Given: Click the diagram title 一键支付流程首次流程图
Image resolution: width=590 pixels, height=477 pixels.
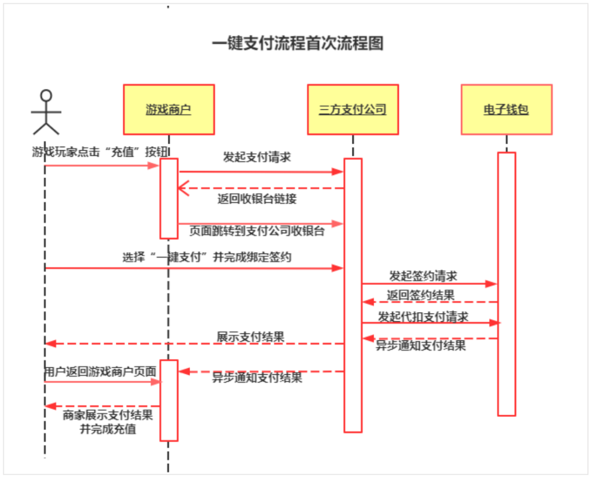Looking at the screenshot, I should click(x=298, y=44).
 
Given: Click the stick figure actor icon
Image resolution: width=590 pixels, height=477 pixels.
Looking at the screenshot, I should click(x=46, y=112).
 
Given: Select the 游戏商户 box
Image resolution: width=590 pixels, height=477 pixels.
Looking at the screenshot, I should click(x=169, y=109).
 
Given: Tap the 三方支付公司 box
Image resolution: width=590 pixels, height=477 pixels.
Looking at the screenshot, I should click(x=353, y=109).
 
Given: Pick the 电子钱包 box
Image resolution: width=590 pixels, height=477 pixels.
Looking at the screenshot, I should click(x=506, y=109).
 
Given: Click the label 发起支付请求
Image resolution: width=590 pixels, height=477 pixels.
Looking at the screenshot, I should click(x=257, y=157).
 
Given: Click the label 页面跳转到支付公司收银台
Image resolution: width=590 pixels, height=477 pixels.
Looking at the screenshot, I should click(x=257, y=231).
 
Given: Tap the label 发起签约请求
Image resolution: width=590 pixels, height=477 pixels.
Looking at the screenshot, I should click(x=423, y=275).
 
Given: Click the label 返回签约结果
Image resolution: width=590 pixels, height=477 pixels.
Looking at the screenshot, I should click(x=421, y=296).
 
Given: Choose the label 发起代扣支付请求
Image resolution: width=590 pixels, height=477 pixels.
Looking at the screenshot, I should click(x=423, y=316).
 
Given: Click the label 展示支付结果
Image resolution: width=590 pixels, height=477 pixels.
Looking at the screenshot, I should click(x=251, y=337).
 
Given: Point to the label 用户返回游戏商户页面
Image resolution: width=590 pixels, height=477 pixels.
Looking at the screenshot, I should click(x=100, y=372).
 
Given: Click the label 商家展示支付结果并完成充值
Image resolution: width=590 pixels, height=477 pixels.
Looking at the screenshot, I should click(x=108, y=422).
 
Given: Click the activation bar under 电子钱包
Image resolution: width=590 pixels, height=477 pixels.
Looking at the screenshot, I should click(x=506, y=284).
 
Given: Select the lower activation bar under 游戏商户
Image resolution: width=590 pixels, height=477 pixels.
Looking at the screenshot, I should click(x=169, y=400).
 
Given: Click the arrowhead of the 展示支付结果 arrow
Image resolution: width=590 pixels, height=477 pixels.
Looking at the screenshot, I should click(x=49, y=344).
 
